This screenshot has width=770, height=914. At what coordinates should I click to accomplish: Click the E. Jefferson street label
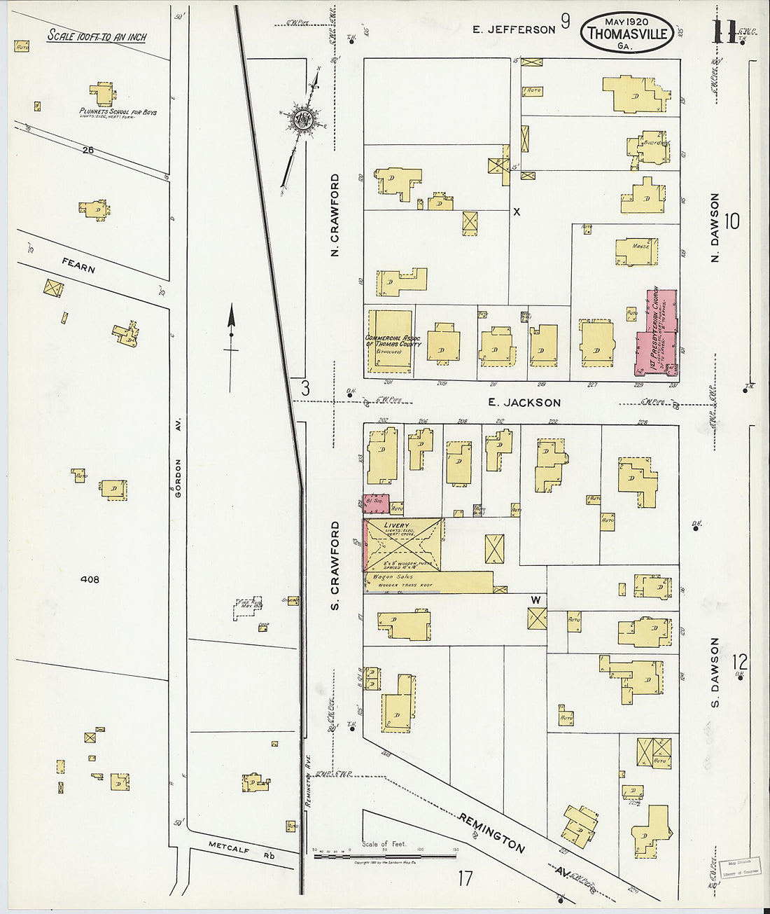(x=513, y=29)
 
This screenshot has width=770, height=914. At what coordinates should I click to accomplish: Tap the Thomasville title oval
(x=626, y=32)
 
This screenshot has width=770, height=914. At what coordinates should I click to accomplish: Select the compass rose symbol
(x=303, y=118)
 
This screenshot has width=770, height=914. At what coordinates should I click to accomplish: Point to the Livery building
(x=403, y=545)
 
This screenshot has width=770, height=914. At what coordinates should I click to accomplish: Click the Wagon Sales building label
(x=395, y=576)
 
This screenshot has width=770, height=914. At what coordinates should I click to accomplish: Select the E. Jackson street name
(x=524, y=403)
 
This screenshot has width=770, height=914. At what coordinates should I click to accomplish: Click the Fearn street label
(x=78, y=265)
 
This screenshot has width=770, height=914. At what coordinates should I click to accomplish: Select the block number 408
(x=90, y=579)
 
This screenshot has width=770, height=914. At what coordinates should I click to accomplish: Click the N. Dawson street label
(x=715, y=228)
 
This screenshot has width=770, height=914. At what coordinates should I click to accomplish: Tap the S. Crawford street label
(x=335, y=565)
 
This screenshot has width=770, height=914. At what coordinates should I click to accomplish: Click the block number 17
(x=465, y=878)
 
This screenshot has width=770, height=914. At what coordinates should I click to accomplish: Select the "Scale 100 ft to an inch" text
(x=97, y=36)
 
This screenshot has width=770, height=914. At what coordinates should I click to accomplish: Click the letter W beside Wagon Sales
(x=535, y=600)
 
